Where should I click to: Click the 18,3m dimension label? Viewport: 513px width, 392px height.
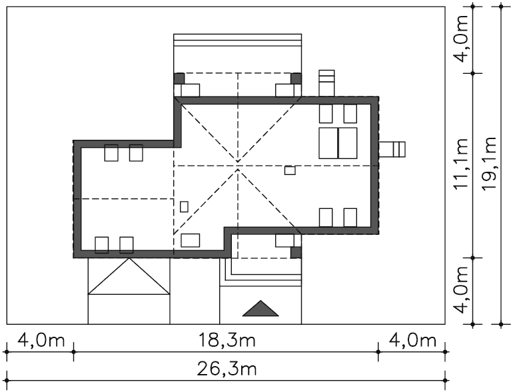[227, 341]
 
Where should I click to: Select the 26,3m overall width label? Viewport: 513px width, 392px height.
[227, 369]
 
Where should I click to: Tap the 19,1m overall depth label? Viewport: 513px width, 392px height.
[489, 164]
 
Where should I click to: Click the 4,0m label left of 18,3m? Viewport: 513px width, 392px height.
[41, 341]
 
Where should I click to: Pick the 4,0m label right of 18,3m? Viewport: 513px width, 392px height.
[412, 341]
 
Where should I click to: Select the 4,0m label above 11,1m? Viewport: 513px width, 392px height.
[460, 39]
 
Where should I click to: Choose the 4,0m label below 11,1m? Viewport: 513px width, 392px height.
[460, 290]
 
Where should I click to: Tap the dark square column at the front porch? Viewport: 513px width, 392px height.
[296, 252]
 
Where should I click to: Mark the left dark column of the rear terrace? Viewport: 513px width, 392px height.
[179, 79]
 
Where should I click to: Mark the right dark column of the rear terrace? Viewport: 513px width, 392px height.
[296, 79]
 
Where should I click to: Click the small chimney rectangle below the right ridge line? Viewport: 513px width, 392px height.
[290, 170]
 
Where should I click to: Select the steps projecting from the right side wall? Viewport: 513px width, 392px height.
[392, 149]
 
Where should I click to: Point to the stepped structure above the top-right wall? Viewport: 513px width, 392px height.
[326, 83]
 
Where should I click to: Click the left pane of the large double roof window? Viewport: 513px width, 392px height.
[328, 143]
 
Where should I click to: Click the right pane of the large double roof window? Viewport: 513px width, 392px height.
[348, 143]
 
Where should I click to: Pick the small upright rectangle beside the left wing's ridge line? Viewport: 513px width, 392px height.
[184, 206]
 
